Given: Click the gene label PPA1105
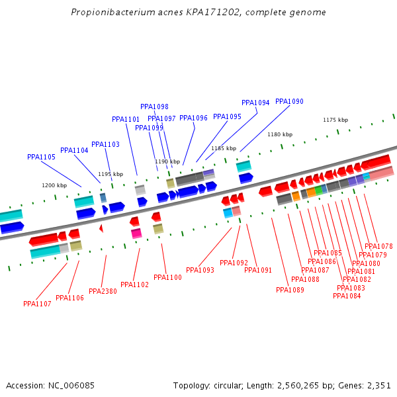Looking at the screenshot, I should pyautogui.click(x=41, y=157).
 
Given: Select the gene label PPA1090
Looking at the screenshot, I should pyautogui.click(x=289, y=101).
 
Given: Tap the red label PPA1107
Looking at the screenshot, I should pyautogui.click(x=37, y=304).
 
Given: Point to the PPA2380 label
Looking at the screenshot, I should pyautogui.click(x=103, y=291).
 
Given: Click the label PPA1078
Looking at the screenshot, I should pyautogui.click(x=378, y=246).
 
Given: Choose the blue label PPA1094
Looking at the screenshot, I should pyautogui.click(x=255, y=103).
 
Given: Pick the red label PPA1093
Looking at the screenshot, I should pyautogui.click(x=200, y=270).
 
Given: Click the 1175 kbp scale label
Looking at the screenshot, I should pyautogui.click(x=335, y=120).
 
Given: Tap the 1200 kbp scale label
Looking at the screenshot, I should pyautogui.click(x=54, y=185).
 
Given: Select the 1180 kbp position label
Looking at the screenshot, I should pyautogui.click(x=279, y=134).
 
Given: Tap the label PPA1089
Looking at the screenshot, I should pyautogui.click(x=290, y=290).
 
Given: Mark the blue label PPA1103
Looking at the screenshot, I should pyautogui.click(x=105, y=144).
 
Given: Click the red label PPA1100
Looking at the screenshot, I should pyautogui.click(x=167, y=277).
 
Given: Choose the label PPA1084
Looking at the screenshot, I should pyautogui.click(x=347, y=296).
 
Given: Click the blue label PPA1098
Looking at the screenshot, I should pyautogui.click(x=154, y=107).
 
